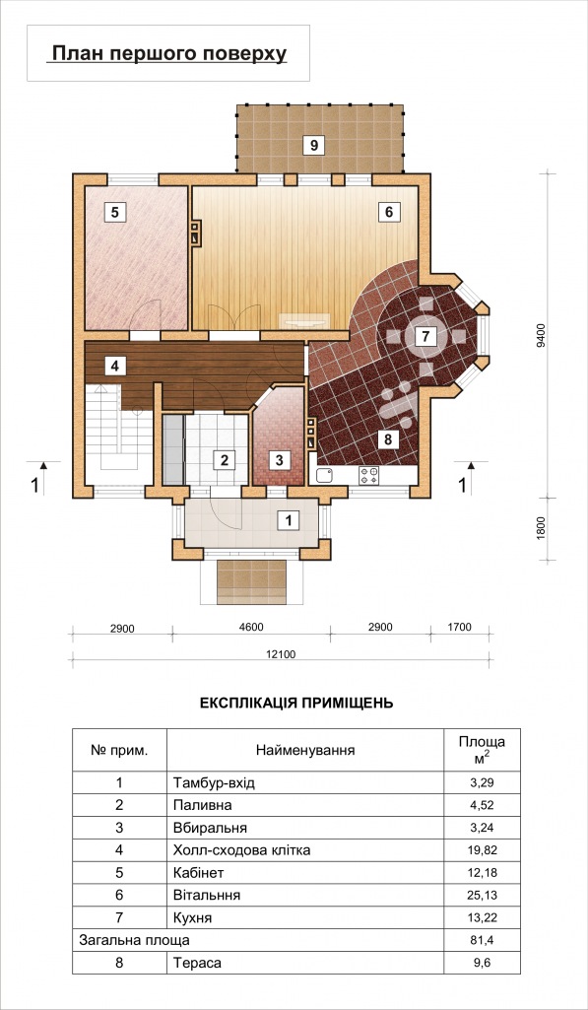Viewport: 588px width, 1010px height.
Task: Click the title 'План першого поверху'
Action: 168,53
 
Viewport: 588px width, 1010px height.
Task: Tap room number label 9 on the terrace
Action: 313,145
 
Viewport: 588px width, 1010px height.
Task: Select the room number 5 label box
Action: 114,212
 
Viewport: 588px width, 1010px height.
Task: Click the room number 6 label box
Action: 389,211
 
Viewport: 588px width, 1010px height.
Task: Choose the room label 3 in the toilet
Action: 279,460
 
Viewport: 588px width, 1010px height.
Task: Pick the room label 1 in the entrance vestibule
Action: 289,520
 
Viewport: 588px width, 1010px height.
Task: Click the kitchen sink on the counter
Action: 323,476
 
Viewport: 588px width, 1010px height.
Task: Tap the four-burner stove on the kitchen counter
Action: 369,475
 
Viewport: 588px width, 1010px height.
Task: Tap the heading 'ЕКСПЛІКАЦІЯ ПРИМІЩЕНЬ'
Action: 296,703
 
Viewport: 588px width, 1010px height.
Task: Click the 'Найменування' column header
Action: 305,751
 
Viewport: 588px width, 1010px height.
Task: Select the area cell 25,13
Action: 482,896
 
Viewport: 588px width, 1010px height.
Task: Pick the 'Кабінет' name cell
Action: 198,873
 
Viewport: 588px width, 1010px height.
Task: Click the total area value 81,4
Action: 482,940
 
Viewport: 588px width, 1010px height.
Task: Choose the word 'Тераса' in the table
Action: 196,963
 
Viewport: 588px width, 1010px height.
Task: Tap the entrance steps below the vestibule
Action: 251,581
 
